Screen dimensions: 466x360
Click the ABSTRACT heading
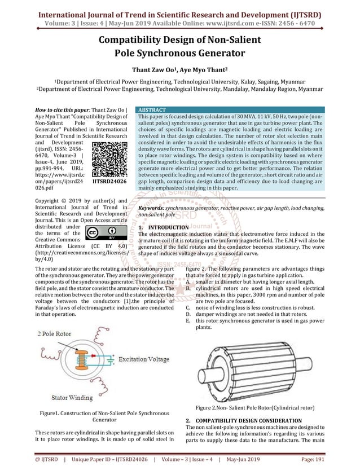[x=152, y=109]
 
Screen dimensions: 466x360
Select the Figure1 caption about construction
[x=93, y=416]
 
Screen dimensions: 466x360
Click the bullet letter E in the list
[x=187, y=321]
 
